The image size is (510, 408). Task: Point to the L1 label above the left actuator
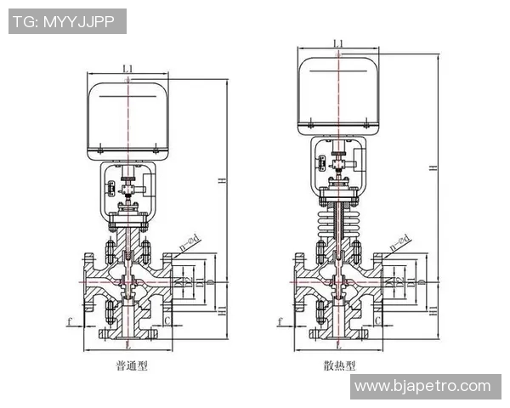tap(127, 67)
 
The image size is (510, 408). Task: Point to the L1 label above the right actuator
tap(338, 42)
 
